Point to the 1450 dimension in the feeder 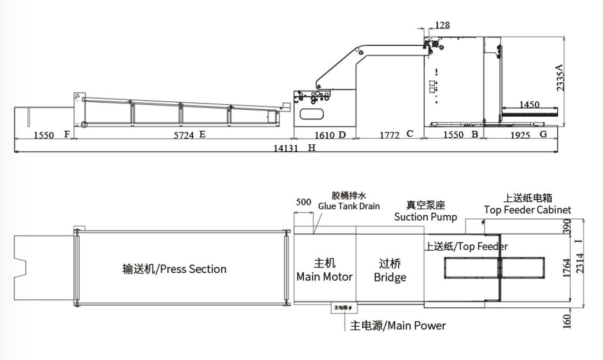click(529, 104)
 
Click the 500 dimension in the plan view click(304, 202)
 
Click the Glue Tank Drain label click(349, 206)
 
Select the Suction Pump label click(425, 217)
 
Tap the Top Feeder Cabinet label click(527, 210)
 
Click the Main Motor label click(325, 277)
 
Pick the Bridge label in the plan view click(390, 278)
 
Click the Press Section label click(174, 269)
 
